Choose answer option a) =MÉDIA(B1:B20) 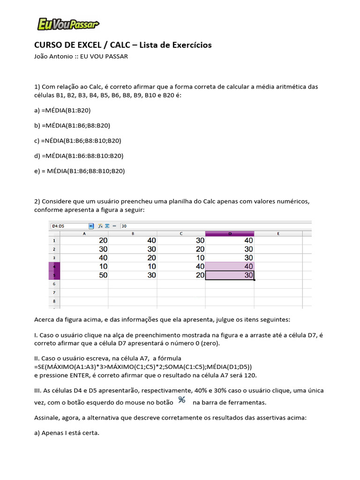click(x=62, y=110)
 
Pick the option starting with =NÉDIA click(x=77, y=140)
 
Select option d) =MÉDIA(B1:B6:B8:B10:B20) click(x=79, y=155)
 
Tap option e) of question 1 click(x=80, y=171)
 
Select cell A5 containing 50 click(x=84, y=275)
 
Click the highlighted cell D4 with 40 click(x=230, y=266)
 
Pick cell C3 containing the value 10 click(x=181, y=257)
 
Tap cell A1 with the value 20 click(x=84, y=240)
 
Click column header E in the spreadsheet click(x=278, y=233)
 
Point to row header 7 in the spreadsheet click(x=54, y=292)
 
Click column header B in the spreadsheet click(x=133, y=233)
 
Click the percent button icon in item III click(x=182, y=400)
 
